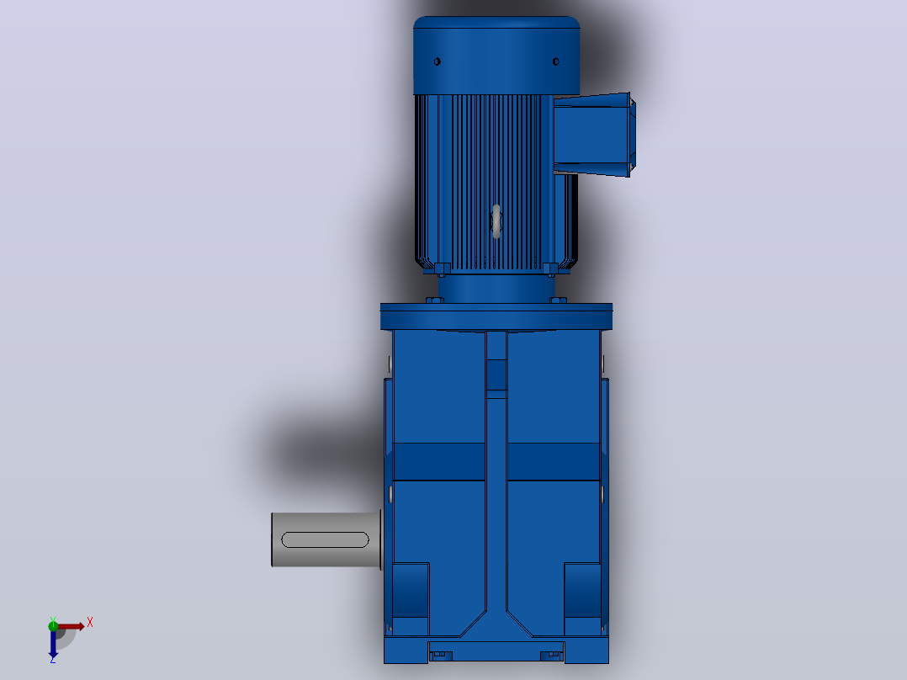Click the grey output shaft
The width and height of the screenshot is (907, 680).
point(326,539)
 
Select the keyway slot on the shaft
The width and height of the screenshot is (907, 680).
point(325,540)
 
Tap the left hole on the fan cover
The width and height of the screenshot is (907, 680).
point(438,61)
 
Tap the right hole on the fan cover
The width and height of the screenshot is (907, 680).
point(556,61)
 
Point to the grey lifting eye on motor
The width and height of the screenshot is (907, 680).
point(496,221)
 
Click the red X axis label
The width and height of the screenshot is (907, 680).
point(90,623)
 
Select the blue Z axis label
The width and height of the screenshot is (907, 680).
point(53,659)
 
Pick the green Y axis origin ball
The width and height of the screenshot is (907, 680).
point(53,625)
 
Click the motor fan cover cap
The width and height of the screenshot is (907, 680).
point(496,55)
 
